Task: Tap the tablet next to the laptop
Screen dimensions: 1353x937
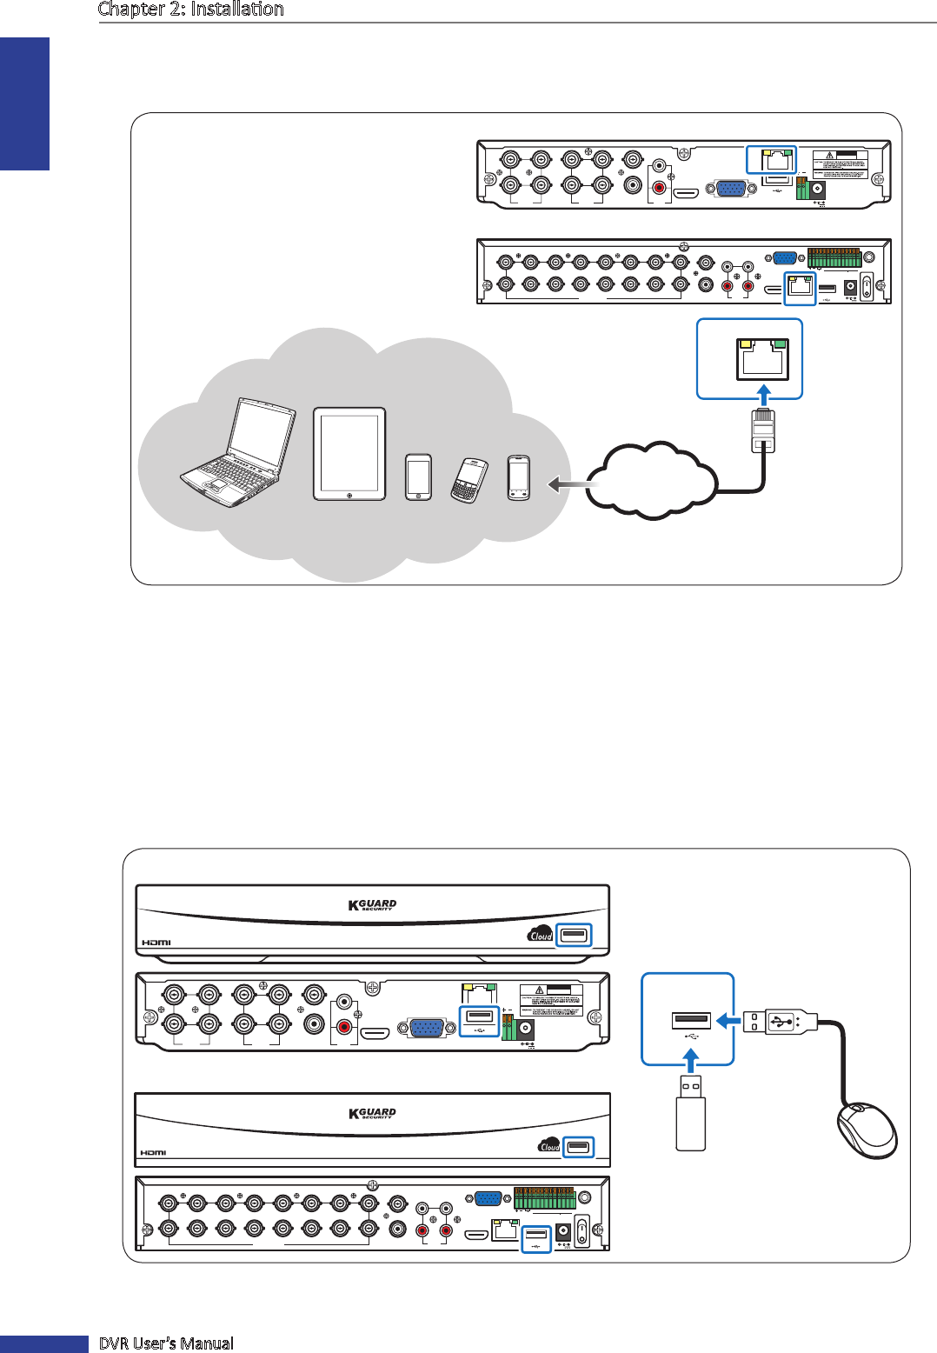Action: (x=349, y=454)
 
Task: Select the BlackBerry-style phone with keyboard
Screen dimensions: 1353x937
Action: (x=468, y=480)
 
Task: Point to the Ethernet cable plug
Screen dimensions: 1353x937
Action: (x=762, y=429)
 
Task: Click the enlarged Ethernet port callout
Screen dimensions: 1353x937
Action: (x=750, y=358)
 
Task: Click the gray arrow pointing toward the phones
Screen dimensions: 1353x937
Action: (x=569, y=483)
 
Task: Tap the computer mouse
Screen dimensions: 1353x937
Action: (x=866, y=1130)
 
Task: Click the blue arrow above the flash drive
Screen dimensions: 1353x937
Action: (x=691, y=1060)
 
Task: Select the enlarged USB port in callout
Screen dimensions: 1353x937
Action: (x=691, y=1020)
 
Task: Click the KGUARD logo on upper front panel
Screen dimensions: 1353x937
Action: (x=372, y=905)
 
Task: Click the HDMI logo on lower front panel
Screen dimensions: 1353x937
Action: (x=153, y=1153)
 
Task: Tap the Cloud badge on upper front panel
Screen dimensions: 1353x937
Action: (x=540, y=935)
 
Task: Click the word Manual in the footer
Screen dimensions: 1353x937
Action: (x=207, y=1343)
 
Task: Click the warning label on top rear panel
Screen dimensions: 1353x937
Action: (x=841, y=165)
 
